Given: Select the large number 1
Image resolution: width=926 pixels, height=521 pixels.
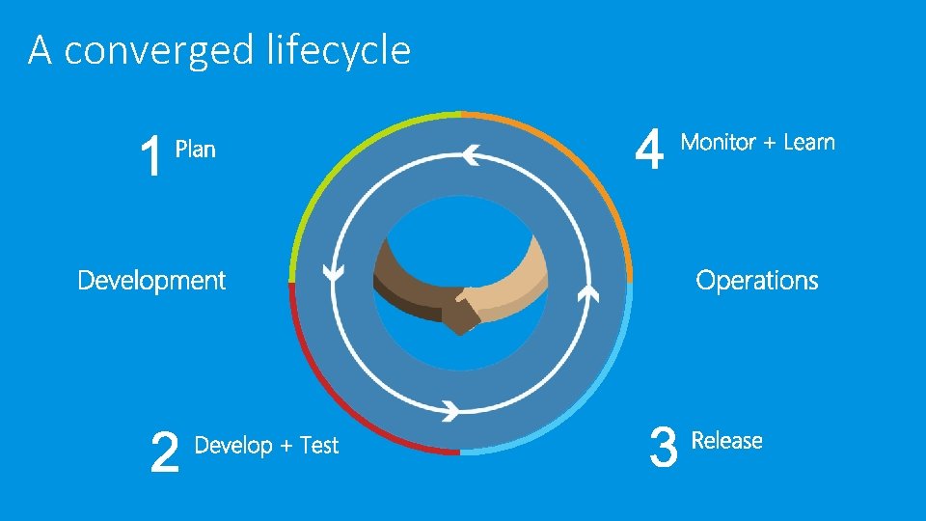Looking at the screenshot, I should pos(150,157).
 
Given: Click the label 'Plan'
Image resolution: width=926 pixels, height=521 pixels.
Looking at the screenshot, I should pos(195,150).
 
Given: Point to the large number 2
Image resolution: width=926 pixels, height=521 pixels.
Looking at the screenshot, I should pos(166,452).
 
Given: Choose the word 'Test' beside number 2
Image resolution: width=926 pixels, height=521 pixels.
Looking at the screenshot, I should pos(319,446).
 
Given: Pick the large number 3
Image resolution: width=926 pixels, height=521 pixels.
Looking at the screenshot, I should pos(664,449).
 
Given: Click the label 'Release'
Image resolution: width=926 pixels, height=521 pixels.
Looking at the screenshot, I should pos(727,441).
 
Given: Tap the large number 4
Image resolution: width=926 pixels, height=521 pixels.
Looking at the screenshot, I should pos(651,151).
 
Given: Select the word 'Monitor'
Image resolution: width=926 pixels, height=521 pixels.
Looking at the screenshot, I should pos(719,142).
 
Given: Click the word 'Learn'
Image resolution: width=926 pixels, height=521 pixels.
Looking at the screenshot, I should pos(809,142).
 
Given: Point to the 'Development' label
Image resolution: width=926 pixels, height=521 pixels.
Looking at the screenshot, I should pos(151,281).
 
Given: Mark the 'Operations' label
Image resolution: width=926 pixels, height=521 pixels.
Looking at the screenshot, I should pos(757,281).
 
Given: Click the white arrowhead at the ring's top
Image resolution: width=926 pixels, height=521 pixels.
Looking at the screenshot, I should pos(471,153).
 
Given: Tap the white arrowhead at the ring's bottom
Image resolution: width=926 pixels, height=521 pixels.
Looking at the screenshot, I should pos(450,409).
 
